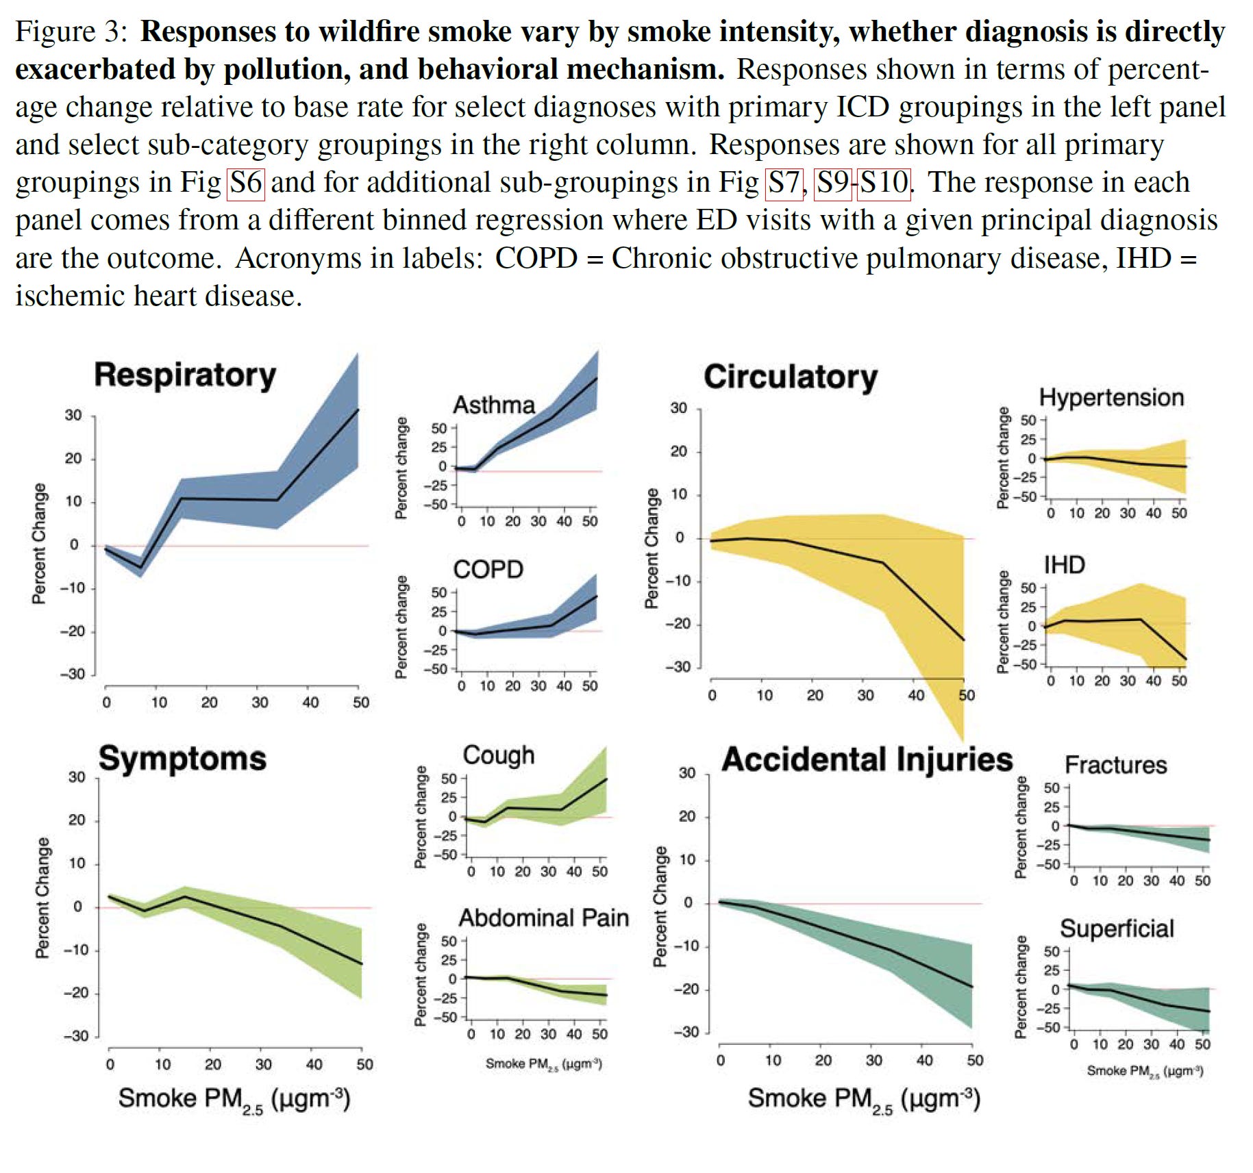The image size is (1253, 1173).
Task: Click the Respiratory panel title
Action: click(x=185, y=375)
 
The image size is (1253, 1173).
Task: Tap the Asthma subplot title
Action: click(x=494, y=405)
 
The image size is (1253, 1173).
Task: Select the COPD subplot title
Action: click(x=488, y=569)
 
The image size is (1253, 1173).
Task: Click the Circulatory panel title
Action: click(x=791, y=377)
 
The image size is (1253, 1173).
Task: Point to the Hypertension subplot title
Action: click(x=1111, y=397)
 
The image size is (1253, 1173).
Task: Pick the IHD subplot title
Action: click(x=1064, y=565)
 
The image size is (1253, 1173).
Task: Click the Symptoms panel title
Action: click(x=182, y=759)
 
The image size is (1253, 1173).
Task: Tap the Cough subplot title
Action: click(x=499, y=755)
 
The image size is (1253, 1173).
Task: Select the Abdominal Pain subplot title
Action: click(x=544, y=918)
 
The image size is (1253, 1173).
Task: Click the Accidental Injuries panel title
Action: click(x=867, y=759)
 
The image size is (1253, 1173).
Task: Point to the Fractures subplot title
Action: click(x=1115, y=765)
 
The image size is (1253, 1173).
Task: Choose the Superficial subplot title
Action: click(x=1117, y=929)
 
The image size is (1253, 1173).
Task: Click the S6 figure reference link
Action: click(x=245, y=183)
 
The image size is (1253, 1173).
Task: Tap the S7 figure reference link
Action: click(x=784, y=183)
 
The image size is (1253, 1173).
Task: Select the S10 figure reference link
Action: click(x=884, y=183)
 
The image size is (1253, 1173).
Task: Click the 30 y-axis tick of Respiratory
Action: click(x=73, y=415)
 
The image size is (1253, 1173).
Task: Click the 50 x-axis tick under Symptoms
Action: click(x=364, y=1064)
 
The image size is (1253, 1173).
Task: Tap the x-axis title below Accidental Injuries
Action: click(x=864, y=1098)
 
